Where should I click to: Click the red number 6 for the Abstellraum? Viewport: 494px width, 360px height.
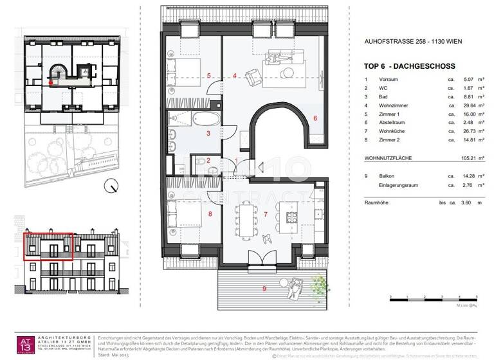tap(315, 118)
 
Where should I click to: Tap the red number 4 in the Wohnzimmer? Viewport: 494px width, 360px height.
tap(235, 76)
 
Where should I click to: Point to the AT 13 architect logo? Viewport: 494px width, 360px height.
tap(27, 345)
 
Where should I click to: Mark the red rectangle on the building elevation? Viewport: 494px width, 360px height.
tap(50, 247)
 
